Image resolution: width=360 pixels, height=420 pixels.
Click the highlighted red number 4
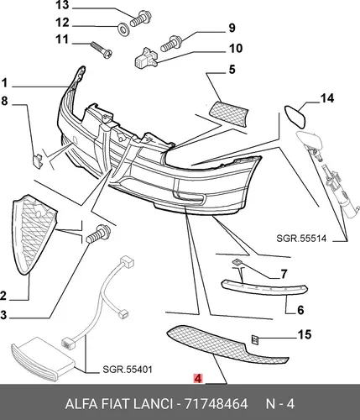pos(197,379)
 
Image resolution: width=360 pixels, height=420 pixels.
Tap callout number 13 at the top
pos(62,5)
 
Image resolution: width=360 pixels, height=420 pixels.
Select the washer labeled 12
pos(123,28)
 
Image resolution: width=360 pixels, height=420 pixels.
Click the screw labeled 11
pos(102,50)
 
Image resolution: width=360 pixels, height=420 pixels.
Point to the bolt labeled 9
pos(171,43)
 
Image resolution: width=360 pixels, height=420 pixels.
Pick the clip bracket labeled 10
pos(146,58)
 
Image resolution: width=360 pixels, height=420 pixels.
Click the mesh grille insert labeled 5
pos(229,114)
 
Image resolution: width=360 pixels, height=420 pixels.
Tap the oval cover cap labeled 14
pos(295,117)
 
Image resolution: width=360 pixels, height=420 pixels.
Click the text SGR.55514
pos(301,239)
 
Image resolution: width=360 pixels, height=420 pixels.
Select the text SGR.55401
pos(128,370)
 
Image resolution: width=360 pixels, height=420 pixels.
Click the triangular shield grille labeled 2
pos(33,234)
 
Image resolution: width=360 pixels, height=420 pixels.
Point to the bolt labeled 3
pos(98,234)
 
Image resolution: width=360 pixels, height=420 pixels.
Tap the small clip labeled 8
pos(38,160)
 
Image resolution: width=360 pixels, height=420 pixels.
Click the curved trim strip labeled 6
pos(264,287)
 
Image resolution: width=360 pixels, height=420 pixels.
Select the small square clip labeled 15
pos(255,340)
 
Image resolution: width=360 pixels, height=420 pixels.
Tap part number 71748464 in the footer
pos(217,404)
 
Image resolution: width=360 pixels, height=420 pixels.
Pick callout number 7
pos(284,274)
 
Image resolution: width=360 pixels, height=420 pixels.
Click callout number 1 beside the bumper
pos(4,83)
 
